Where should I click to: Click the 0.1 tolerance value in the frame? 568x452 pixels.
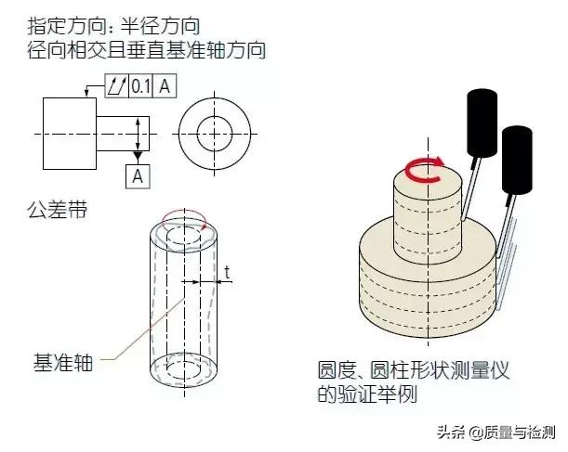tap(141, 86)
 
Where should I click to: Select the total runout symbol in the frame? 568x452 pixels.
tap(116, 86)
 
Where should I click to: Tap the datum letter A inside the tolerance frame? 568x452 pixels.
tap(164, 86)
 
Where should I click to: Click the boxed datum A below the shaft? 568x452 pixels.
tap(138, 174)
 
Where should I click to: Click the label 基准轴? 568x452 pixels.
tap(60, 363)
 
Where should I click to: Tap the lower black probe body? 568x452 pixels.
tap(516, 160)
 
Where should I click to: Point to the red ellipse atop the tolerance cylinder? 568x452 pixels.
tap(182, 221)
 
